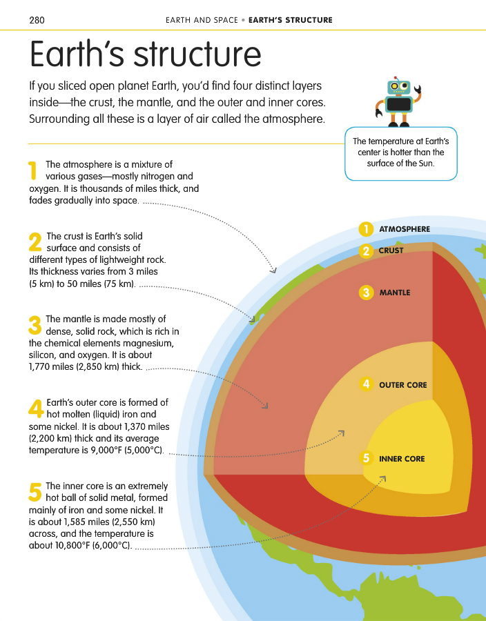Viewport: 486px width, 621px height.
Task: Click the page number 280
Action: [37, 20]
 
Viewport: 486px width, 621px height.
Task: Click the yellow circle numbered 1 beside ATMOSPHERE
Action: [366, 229]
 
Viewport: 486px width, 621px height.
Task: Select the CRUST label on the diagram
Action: [391, 250]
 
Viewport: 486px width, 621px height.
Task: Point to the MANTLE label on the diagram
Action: [394, 293]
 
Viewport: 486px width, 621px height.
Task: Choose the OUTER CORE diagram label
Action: [402, 385]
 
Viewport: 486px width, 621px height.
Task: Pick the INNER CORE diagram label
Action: [402, 459]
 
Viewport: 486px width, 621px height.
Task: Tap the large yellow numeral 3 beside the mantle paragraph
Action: [35, 326]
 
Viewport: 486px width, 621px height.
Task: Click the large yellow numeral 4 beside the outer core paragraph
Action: [36, 408]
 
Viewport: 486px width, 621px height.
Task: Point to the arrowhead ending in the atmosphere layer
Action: [273, 269]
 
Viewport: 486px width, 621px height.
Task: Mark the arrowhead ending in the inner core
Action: [382, 479]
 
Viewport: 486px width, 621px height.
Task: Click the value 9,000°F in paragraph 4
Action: [107, 451]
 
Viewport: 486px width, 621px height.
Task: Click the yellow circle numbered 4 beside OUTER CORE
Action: [366, 384]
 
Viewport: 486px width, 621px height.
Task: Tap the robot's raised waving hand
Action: [420, 90]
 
